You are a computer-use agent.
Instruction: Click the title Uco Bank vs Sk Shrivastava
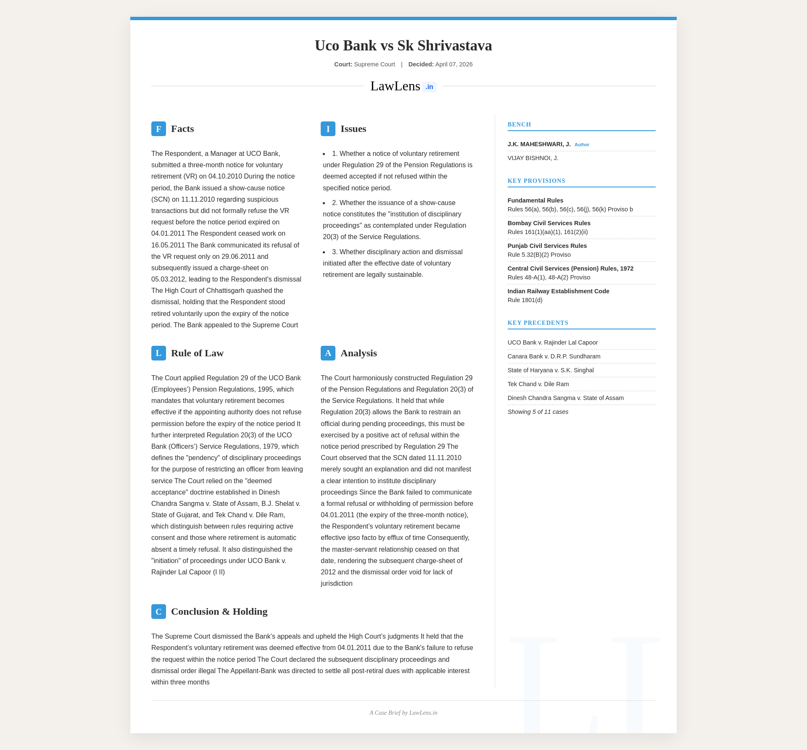pyautogui.click(x=403, y=45)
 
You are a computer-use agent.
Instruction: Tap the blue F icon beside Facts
pyautogui.click(x=158, y=129)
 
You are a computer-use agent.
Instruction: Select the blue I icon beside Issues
pyautogui.click(x=328, y=129)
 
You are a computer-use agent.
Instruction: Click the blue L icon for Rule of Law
pyautogui.click(x=158, y=353)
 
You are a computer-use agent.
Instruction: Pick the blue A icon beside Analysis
pyautogui.click(x=328, y=353)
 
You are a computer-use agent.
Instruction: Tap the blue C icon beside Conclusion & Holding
pyautogui.click(x=158, y=611)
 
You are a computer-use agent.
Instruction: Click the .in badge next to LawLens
pyautogui.click(x=429, y=87)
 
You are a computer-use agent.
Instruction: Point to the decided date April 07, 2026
pyautogui.click(x=454, y=64)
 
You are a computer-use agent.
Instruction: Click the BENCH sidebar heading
pyautogui.click(x=519, y=124)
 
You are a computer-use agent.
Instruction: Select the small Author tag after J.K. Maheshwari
pyautogui.click(x=582, y=145)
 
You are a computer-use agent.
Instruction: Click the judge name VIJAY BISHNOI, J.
pyautogui.click(x=533, y=158)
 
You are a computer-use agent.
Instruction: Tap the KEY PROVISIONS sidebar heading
pyautogui.click(x=536, y=181)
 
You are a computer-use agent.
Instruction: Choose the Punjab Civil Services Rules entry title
pyautogui.click(x=547, y=246)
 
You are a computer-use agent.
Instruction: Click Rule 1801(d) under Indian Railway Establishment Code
pyautogui.click(x=525, y=300)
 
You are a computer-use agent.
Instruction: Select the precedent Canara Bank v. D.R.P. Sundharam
pyautogui.click(x=554, y=356)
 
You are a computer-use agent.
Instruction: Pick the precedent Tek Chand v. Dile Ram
pyautogui.click(x=538, y=384)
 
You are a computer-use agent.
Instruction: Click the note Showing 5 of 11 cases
pyautogui.click(x=538, y=412)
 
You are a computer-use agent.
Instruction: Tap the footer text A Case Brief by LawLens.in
pyautogui.click(x=403, y=713)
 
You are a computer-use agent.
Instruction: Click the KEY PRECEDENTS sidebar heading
pyautogui.click(x=538, y=323)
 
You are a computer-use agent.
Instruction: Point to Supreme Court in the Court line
pyautogui.click(x=374, y=64)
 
